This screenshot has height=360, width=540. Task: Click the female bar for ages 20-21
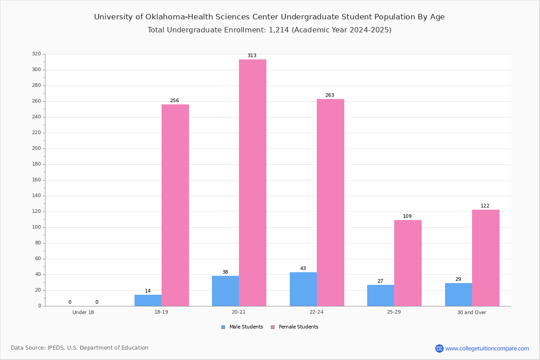click(x=252, y=183)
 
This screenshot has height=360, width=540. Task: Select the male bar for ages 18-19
click(x=148, y=301)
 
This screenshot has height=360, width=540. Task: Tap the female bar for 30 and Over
click(x=486, y=258)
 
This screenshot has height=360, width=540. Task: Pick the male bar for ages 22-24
click(x=303, y=289)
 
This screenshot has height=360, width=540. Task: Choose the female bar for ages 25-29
click(x=408, y=263)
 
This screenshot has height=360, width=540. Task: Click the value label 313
click(x=252, y=55)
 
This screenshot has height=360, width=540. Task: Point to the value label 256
click(x=175, y=100)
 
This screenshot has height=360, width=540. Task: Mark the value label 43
click(x=303, y=268)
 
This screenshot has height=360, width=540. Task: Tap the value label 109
click(x=407, y=216)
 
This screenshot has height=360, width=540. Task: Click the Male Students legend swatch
click(x=223, y=327)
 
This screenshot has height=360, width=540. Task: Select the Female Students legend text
click(x=298, y=327)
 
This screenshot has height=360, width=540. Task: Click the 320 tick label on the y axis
click(x=36, y=54)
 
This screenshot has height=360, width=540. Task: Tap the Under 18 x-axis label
click(x=83, y=312)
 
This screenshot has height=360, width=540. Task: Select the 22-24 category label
click(x=316, y=312)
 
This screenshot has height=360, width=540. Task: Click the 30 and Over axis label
click(x=472, y=312)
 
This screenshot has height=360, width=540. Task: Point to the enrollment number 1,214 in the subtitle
click(x=279, y=30)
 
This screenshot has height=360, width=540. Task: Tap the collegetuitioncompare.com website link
click(x=487, y=348)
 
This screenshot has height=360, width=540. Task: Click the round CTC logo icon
click(x=439, y=348)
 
